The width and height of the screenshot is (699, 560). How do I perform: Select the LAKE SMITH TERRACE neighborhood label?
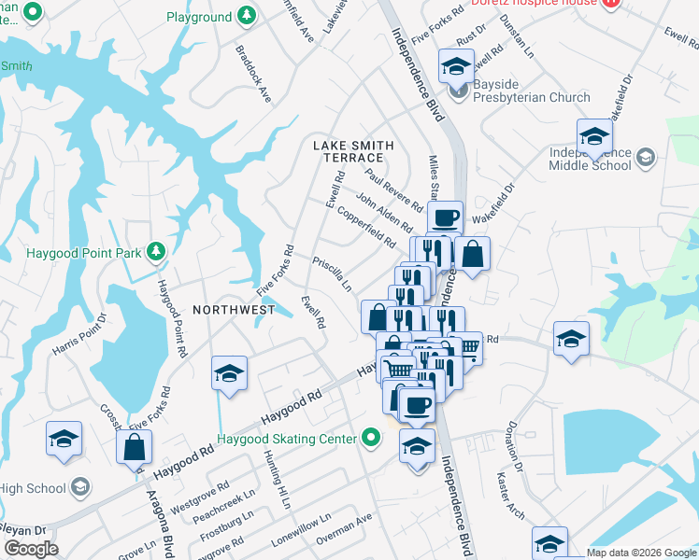(353, 151)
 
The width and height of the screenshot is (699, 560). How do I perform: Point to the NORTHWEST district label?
(234, 309)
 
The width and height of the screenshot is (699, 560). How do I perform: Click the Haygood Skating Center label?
(286, 439)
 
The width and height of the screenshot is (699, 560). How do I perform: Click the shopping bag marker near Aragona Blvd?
(135, 447)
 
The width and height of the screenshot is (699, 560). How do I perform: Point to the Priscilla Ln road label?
(332, 273)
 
